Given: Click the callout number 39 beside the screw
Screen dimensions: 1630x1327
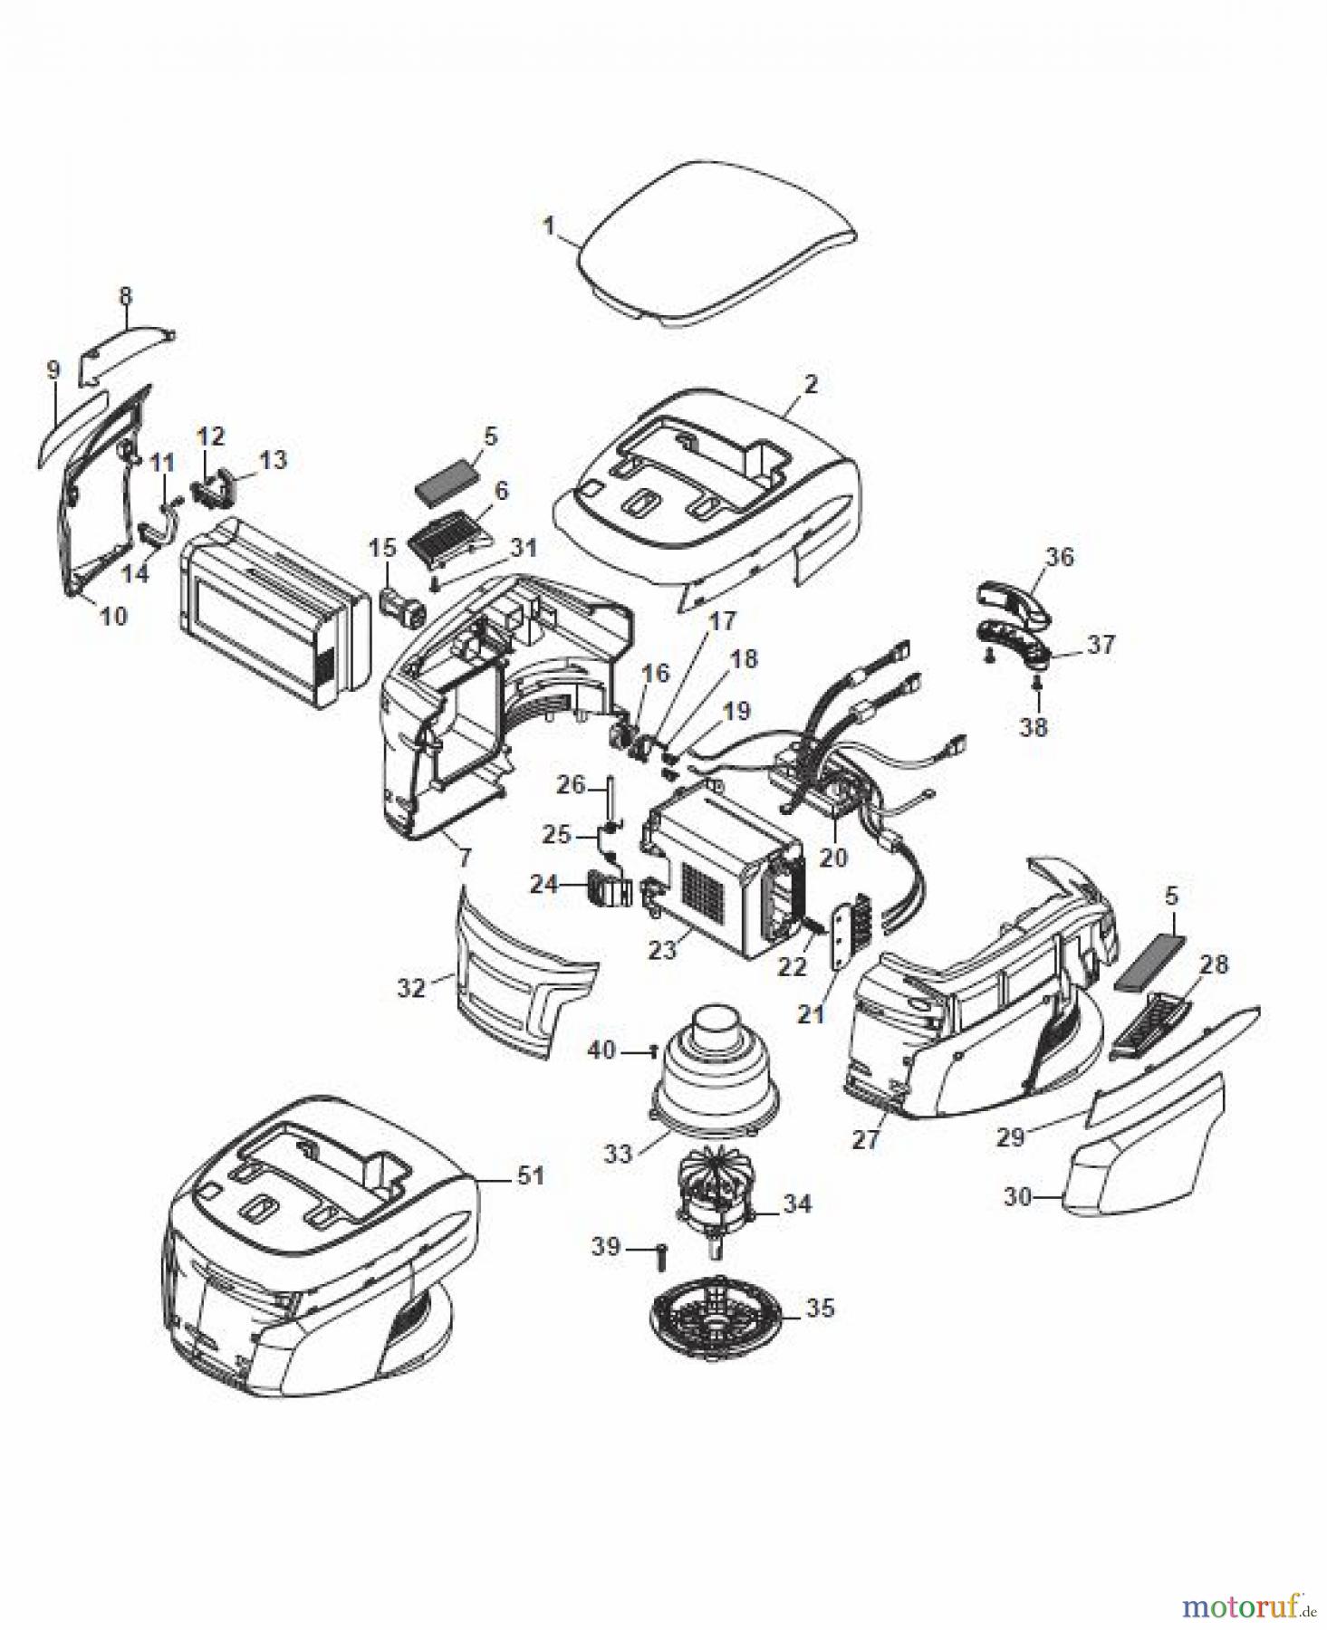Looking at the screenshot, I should [x=605, y=1247].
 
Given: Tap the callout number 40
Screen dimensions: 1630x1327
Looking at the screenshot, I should [x=601, y=1050].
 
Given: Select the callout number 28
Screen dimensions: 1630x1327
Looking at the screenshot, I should [x=1214, y=964].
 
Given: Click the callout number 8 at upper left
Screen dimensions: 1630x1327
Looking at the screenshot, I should [x=125, y=295].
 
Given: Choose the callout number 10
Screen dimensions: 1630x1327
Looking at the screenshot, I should [x=113, y=616].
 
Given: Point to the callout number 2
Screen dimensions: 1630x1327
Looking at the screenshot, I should [x=810, y=384].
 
